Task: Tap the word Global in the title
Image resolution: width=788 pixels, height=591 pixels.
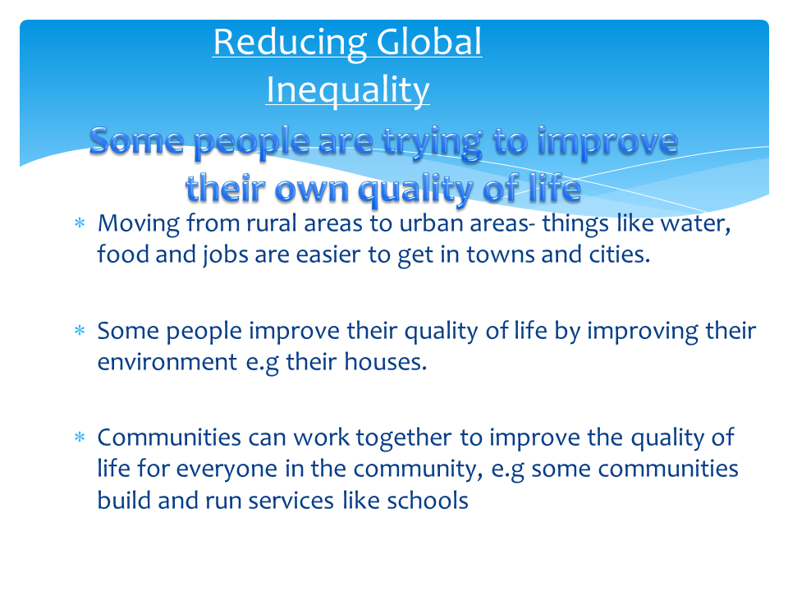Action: tap(429, 42)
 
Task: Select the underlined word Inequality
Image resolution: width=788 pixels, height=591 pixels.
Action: tap(348, 91)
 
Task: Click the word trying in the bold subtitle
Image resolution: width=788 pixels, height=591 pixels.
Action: tap(432, 143)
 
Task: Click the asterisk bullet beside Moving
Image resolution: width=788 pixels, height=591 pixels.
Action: tap(80, 222)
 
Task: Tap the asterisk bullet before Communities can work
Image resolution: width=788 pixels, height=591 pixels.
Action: tap(80, 437)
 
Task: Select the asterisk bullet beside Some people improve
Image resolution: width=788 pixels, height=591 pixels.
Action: tap(80, 330)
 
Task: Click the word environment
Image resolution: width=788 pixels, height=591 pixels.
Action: tap(167, 362)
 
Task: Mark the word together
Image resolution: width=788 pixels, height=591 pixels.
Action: tap(404, 438)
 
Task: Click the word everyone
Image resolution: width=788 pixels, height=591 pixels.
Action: tap(227, 470)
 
